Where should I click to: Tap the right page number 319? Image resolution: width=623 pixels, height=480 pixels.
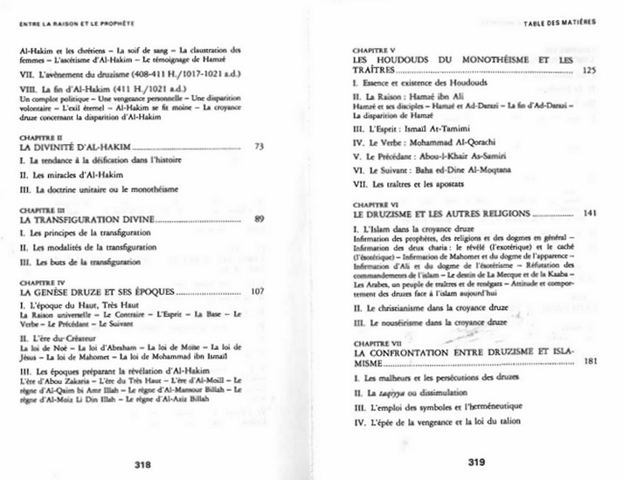(x=476, y=463)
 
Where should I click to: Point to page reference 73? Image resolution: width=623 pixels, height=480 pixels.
(x=259, y=147)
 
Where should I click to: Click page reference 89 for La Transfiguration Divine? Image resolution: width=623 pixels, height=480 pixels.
(x=259, y=219)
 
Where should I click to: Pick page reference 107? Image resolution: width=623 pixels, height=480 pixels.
(x=257, y=291)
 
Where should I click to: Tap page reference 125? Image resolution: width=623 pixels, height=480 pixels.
(x=588, y=69)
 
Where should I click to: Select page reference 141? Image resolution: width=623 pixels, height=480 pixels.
(x=588, y=213)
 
